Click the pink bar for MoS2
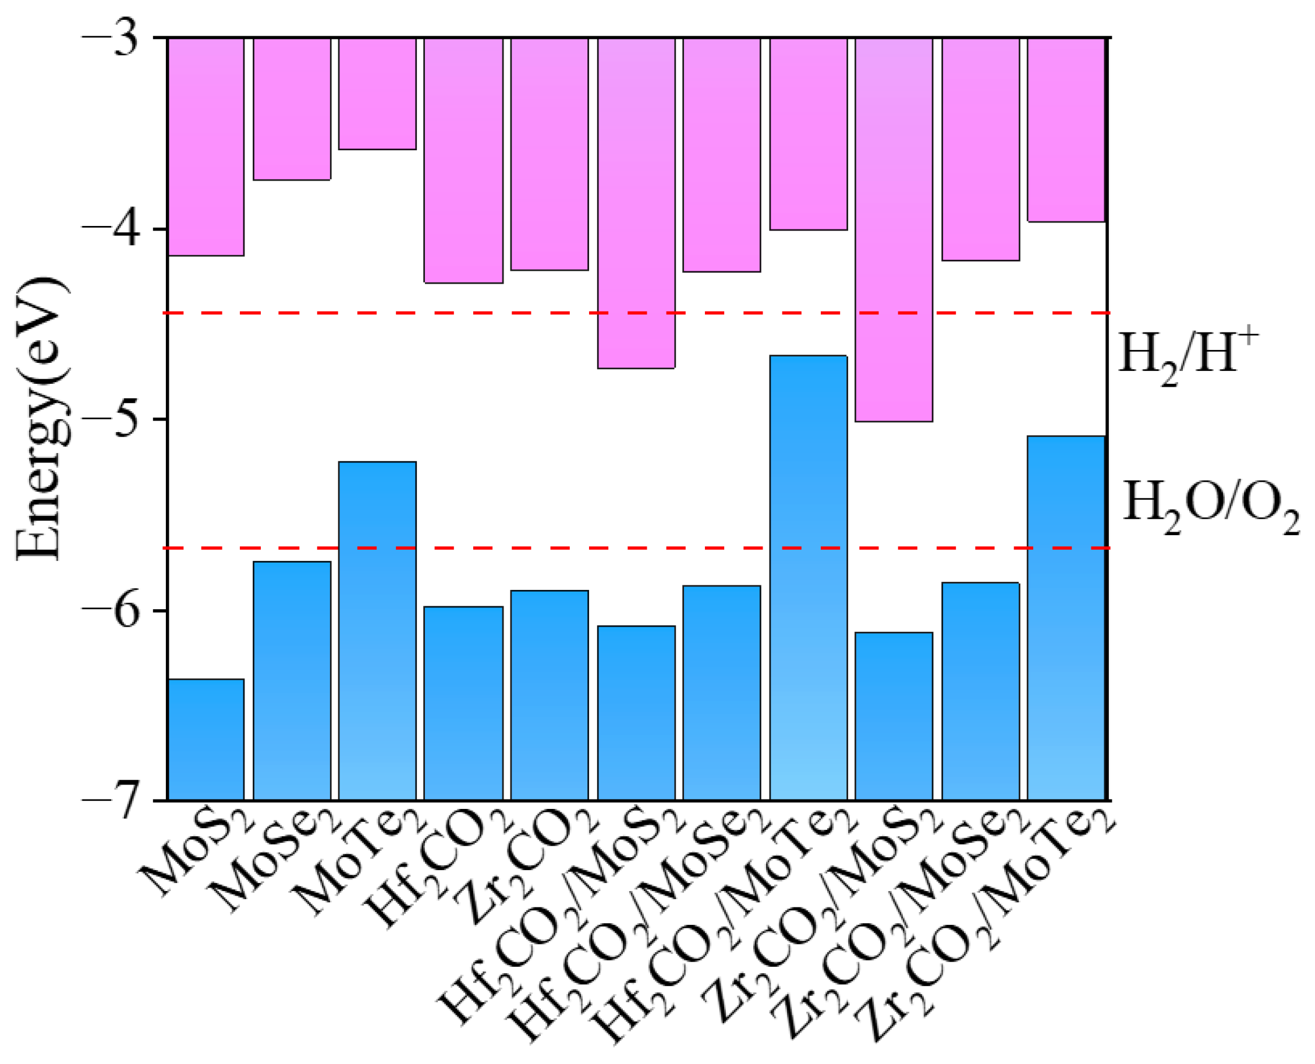click(x=206, y=147)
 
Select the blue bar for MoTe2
click(x=377, y=631)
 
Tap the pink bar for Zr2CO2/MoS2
click(x=894, y=230)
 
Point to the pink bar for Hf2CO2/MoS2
click(x=636, y=203)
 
